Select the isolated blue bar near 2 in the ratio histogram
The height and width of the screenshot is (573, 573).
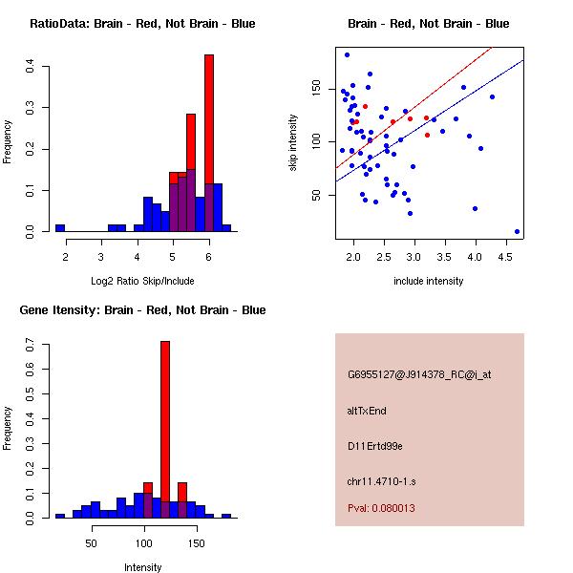(x=60, y=228)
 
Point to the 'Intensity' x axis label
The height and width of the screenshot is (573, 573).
(x=142, y=567)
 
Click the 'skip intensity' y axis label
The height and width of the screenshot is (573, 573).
(x=294, y=143)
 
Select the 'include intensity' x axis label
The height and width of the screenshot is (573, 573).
(x=429, y=281)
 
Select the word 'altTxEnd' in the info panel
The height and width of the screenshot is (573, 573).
(x=367, y=411)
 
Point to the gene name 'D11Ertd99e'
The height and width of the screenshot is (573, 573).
(x=374, y=446)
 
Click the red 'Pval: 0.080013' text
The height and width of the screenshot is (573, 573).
(x=380, y=509)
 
